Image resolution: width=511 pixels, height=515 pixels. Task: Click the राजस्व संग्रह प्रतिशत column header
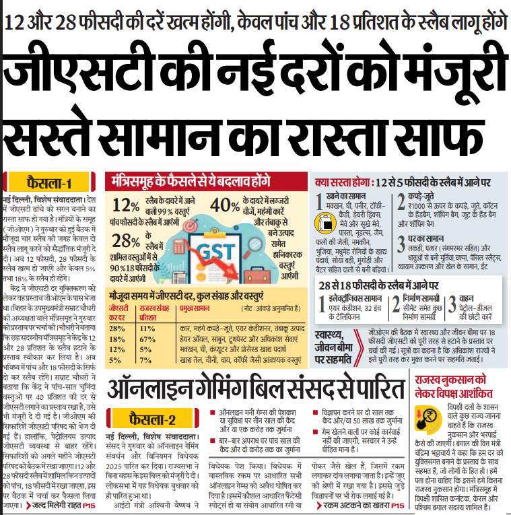click(x=155, y=312)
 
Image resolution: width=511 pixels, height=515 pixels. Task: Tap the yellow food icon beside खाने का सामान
click(x=320, y=200)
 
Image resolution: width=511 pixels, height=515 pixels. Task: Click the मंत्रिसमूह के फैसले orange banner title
click(x=192, y=182)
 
